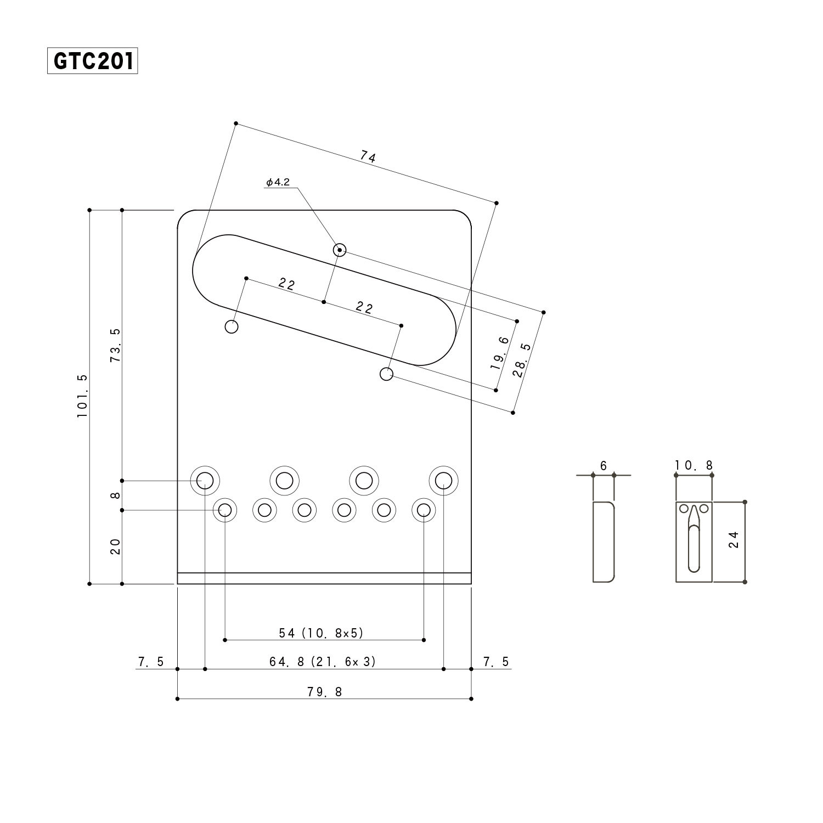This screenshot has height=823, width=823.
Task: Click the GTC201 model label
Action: click(x=92, y=61)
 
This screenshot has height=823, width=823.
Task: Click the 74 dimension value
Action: click(x=368, y=157)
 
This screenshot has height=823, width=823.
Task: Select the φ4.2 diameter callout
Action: click(x=278, y=182)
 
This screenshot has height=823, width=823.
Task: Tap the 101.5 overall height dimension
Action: click(x=82, y=396)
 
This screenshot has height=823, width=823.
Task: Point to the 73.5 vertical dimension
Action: click(x=115, y=345)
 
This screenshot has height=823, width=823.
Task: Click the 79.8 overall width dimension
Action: click(x=324, y=692)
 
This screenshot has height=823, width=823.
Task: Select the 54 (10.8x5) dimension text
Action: click(x=322, y=633)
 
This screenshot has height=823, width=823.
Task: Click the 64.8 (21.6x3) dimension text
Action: click(x=323, y=662)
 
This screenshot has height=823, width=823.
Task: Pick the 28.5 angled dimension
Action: click(x=522, y=360)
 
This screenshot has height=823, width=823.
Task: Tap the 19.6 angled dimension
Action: click(x=500, y=353)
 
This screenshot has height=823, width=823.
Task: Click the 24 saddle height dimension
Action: click(x=734, y=539)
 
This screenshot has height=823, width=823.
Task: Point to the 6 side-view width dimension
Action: click(x=604, y=466)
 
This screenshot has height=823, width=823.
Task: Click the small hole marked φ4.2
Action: click(x=340, y=250)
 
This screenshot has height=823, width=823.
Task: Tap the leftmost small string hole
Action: click(x=225, y=510)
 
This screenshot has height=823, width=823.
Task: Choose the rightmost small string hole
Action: click(x=424, y=510)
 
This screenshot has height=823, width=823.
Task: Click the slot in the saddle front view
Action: click(x=694, y=543)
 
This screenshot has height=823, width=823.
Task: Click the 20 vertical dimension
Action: click(x=115, y=546)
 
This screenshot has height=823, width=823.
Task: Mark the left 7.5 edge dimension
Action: click(x=150, y=662)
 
